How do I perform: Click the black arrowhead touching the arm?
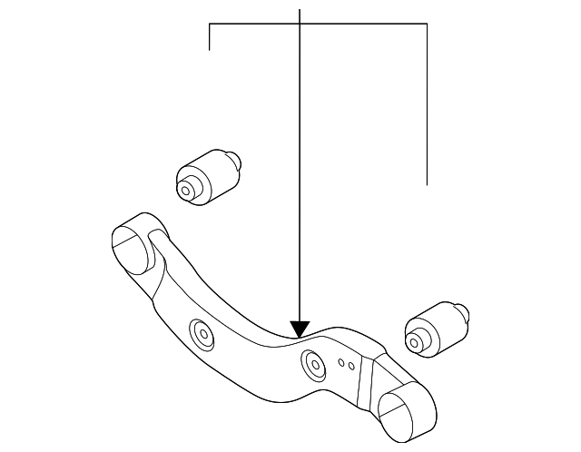300,329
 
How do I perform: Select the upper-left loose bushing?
206,175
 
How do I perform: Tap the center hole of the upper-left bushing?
187,191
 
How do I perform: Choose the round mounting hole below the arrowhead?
313,365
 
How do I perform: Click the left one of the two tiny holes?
341,364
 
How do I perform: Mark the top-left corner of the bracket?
210,24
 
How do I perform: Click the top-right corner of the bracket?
427,24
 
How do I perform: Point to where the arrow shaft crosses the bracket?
300,24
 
